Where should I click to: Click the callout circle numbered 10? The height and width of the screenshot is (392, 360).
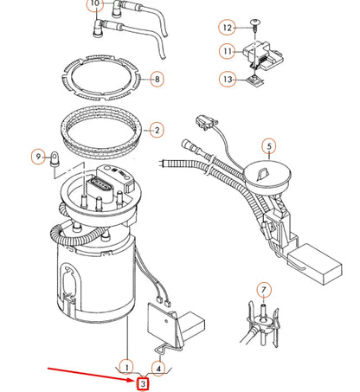tap(93, 4)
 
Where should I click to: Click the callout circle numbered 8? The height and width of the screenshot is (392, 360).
tap(157, 80)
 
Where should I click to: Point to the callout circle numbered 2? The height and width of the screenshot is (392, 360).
tap(157, 132)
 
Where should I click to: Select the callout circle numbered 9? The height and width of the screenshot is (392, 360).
tap(38, 156)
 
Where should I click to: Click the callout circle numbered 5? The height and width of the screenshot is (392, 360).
tap(269, 146)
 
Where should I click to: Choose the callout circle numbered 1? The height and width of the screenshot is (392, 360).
tap(127, 365)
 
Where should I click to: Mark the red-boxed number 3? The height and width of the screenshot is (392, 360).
tap(143, 382)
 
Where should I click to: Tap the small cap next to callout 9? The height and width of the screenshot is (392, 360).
tap(55, 158)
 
